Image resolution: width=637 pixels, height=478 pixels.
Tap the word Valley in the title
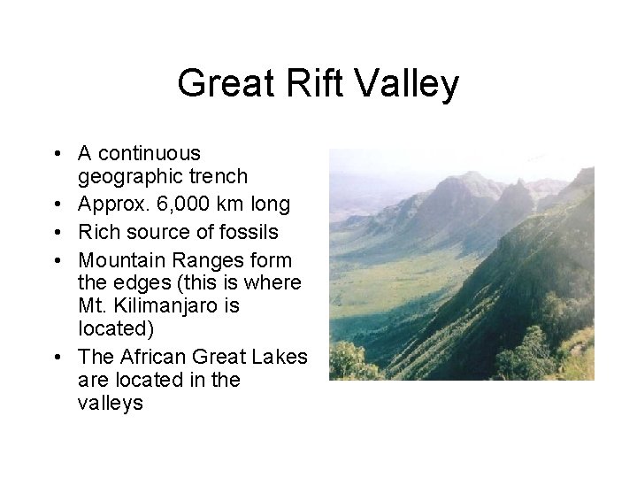point(411,84)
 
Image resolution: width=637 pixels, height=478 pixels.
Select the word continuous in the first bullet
point(150,154)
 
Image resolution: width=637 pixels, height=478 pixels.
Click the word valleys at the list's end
point(111,404)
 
